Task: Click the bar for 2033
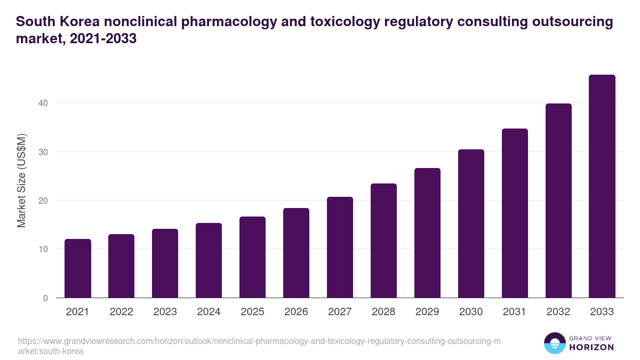coord(602,186)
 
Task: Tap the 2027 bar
coord(340,247)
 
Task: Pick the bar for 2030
coord(471,223)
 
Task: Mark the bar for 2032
coord(558,201)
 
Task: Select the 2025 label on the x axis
coord(252,312)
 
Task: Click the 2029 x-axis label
coord(427,312)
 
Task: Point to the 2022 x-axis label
coord(121,312)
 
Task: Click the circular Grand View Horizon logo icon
coord(554,343)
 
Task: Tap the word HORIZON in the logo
coord(591,347)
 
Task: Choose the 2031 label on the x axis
coord(515,312)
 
